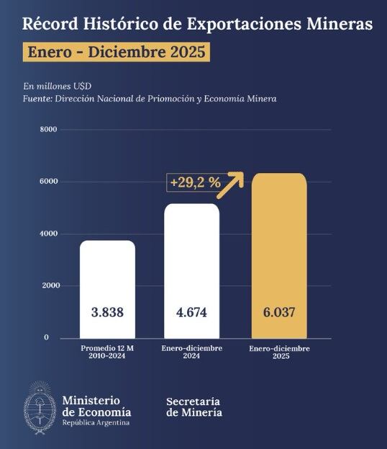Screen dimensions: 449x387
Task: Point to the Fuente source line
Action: (149, 99)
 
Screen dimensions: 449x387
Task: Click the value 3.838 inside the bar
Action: (107, 314)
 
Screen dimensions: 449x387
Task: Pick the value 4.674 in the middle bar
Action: (192, 314)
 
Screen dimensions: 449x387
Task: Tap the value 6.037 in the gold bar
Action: (279, 314)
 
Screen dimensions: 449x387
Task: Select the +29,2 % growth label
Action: (195, 183)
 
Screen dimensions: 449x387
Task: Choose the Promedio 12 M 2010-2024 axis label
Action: (107, 352)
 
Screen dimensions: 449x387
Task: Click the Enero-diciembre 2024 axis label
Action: (192, 352)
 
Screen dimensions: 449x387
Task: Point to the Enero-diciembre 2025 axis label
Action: (279, 352)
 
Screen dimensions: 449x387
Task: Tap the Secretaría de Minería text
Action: (193, 406)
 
